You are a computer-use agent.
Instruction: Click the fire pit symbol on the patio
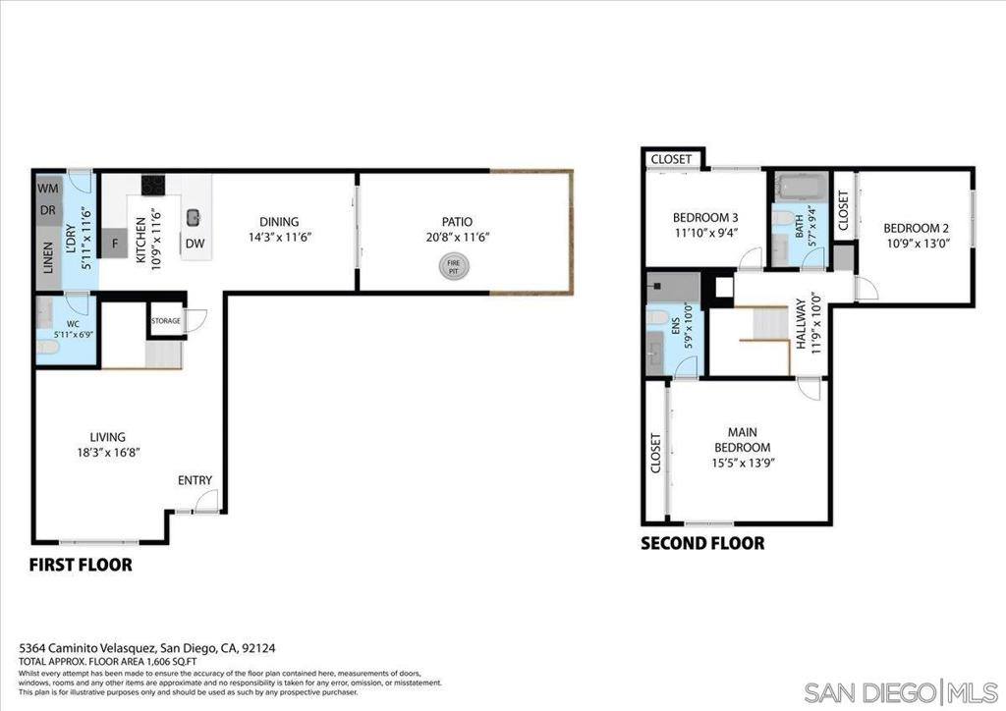(x=453, y=265)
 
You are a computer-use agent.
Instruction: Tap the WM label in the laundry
(x=47, y=188)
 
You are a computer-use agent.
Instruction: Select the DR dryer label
(x=47, y=210)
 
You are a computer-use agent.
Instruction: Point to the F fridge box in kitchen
(x=115, y=243)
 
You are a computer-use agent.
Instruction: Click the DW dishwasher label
(x=195, y=243)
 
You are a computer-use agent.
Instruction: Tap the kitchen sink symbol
(x=195, y=216)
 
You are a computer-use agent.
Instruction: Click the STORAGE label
(x=165, y=321)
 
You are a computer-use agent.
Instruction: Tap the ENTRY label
(x=195, y=480)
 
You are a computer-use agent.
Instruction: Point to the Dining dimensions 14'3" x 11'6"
(x=279, y=237)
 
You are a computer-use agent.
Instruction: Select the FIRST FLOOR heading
(x=81, y=565)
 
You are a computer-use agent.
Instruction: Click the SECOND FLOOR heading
(x=702, y=543)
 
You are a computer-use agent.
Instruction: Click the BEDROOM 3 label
(x=704, y=217)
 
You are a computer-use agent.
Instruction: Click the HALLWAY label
(x=801, y=323)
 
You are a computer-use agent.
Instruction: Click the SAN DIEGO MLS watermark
(x=902, y=691)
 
